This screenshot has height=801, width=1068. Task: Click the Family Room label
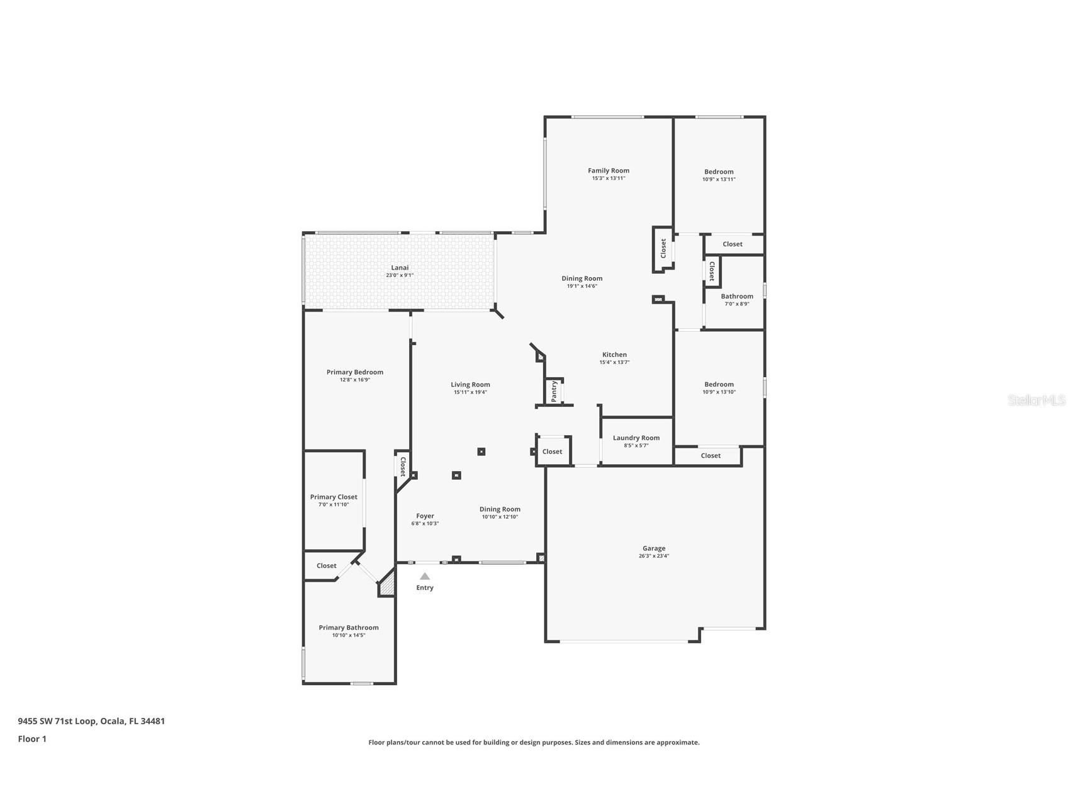click(x=609, y=171)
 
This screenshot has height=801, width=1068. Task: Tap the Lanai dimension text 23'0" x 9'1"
click(x=400, y=275)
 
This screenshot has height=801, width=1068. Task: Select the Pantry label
click(x=554, y=391)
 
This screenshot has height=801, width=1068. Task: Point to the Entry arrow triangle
click(x=425, y=576)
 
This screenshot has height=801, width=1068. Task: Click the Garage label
click(x=654, y=548)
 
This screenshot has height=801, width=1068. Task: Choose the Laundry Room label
click(x=636, y=438)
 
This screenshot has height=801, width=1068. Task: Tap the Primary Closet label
click(x=334, y=497)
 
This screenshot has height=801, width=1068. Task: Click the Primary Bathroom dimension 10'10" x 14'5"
click(x=349, y=635)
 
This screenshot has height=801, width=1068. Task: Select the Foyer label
click(x=425, y=516)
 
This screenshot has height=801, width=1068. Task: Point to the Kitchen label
click(x=614, y=355)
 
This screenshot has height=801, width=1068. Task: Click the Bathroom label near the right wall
click(x=737, y=296)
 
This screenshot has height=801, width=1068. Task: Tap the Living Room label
click(x=470, y=385)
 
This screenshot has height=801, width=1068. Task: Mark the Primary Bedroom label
click(x=355, y=372)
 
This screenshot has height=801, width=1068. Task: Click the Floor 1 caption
click(x=32, y=739)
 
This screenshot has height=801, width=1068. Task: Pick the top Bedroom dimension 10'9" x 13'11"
click(x=719, y=179)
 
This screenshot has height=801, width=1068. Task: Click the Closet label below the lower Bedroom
click(x=711, y=455)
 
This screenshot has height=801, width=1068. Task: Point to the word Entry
click(x=425, y=588)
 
